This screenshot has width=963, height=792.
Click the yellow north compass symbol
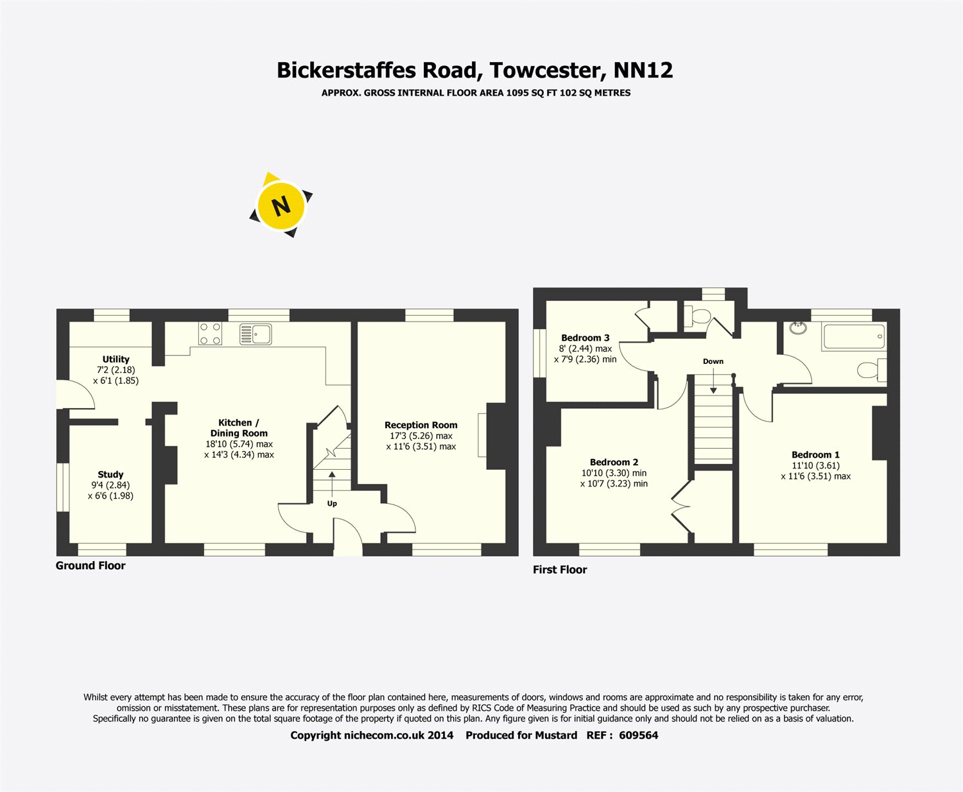click(281, 205)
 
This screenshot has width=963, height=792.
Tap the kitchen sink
click(256, 334)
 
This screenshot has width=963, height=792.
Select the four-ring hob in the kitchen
click(209, 334)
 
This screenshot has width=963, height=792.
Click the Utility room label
click(116, 359)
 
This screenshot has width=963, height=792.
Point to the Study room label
click(110, 475)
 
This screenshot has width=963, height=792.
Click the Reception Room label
click(421, 425)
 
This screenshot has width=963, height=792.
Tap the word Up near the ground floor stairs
click(332, 504)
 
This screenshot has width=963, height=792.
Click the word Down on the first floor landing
click(713, 361)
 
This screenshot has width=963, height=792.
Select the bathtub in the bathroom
click(853, 337)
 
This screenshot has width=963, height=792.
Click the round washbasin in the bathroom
click(798, 328)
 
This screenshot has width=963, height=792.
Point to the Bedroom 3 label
click(585, 338)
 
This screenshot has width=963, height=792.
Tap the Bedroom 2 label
click(614, 462)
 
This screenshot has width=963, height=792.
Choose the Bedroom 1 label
click(815, 455)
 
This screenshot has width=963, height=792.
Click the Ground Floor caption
click(91, 565)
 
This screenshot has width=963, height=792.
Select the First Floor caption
click(560, 569)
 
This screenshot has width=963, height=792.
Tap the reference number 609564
click(638, 736)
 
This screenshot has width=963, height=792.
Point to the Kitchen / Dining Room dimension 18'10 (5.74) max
click(239, 444)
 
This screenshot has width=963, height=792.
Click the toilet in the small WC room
click(698, 317)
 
